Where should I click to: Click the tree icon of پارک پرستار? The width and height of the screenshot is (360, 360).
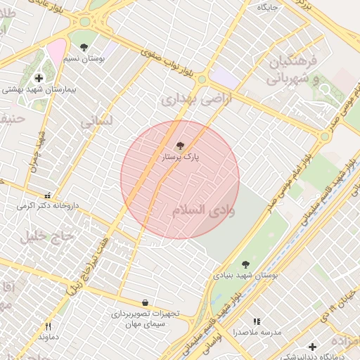point(180,146)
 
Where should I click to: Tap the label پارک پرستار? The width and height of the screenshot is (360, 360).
point(181,158)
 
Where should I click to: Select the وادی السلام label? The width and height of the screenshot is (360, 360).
point(203,210)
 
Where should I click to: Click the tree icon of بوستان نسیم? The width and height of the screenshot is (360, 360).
point(84,48)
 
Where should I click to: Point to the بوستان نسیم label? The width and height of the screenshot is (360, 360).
point(85,60)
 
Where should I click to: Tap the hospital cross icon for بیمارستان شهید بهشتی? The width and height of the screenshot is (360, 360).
point(38,77)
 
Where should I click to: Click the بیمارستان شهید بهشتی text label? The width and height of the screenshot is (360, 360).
point(39,89)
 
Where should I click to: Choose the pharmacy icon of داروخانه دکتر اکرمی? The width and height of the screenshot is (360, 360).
point(48,195)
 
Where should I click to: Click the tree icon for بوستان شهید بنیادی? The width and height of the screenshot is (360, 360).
point(245,264)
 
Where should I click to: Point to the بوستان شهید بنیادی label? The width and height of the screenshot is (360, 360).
point(246,276)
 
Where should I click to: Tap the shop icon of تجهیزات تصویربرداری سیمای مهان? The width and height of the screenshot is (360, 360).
point(145,302)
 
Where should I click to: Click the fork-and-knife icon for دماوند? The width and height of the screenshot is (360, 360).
point(48,326)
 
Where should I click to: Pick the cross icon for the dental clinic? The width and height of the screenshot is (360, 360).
point(312,347)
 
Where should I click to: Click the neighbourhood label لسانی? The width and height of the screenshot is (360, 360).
point(96,121)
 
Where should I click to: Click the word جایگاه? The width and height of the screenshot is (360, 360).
point(268,7)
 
